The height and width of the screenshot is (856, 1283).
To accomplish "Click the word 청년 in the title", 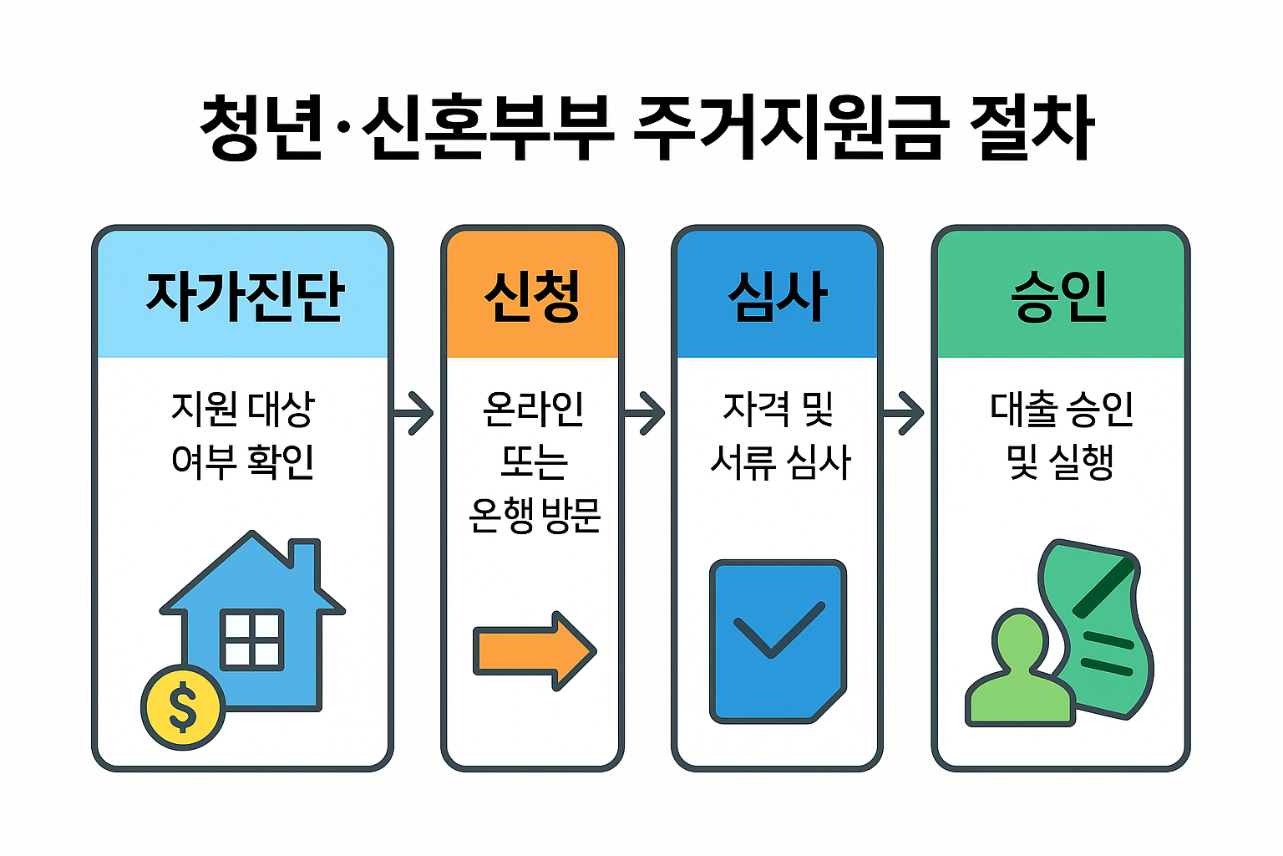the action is (x=261, y=129).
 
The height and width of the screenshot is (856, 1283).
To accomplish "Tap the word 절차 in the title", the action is (x=1031, y=129).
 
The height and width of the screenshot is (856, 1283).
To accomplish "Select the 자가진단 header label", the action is (x=245, y=296).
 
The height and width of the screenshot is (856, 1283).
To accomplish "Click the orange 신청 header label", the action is (x=532, y=296).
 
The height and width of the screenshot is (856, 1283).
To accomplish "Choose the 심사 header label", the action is (x=777, y=296).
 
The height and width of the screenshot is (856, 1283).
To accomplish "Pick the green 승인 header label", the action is (x=1059, y=296).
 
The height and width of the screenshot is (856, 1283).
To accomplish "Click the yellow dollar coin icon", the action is (x=182, y=706).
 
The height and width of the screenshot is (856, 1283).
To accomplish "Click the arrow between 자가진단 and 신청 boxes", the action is (x=414, y=412).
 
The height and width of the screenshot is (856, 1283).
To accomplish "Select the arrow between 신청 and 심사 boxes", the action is (x=646, y=412).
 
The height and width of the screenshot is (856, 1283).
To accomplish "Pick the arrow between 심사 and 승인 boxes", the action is (x=905, y=412).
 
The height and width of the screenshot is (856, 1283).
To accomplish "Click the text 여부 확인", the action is (x=242, y=461).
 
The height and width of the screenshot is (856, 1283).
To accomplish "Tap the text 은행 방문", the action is (x=535, y=515).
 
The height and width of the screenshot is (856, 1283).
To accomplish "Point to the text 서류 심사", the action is (x=779, y=461).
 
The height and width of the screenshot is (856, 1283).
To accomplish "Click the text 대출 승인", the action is (x=1061, y=410).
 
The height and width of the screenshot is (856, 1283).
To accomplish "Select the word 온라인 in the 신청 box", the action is (x=533, y=410).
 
